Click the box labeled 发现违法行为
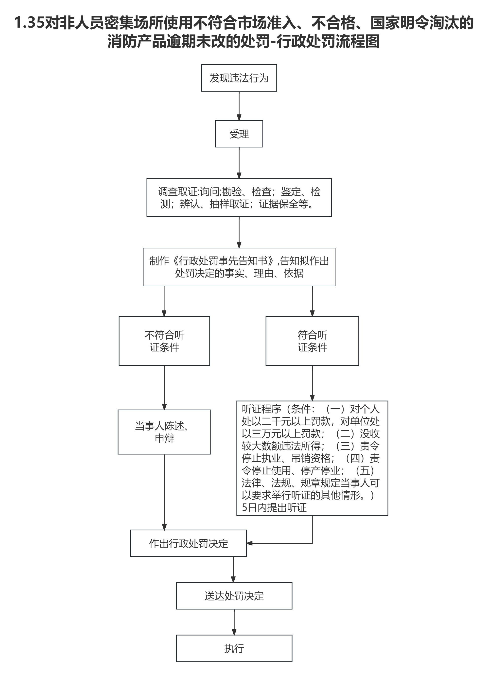pyautogui.click(x=239, y=78)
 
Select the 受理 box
pyautogui.click(x=239, y=134)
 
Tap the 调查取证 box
pyautogui.click(x=239, y=197)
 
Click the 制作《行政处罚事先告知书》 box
pyautogui.click(x=239, y=267)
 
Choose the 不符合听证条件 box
pyautogui.click(x=164, y=341)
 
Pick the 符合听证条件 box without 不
pyautogui.click(x=312, y=341)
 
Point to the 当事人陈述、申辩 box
pyautogui.click(x=164, y=432)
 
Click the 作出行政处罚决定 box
pyautogui.click(x=188, y=543)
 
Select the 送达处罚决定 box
pyautogui.click(x=234, y=596)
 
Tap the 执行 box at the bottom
pyautogui.click(x=234, y=648)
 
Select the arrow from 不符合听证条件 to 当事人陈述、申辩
pyautogui.click(x=164, y=388)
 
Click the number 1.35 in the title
pyautogui.click(x=29, y=23)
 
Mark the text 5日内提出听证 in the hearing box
pyautogui.click(x=274, y=507)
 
